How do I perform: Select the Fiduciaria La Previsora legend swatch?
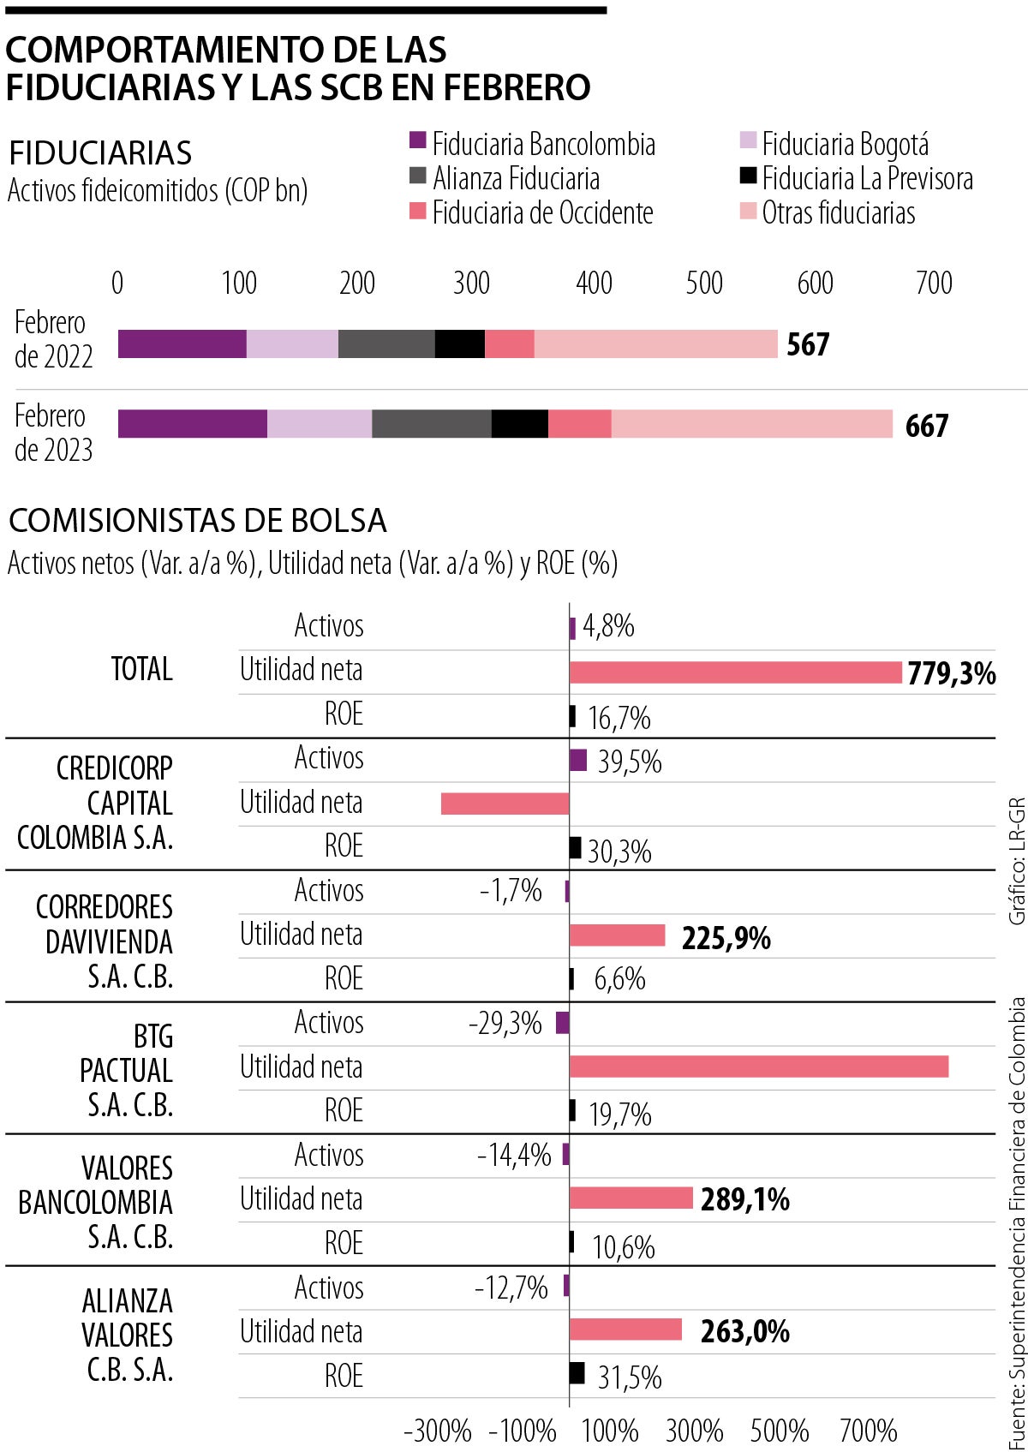[x=748, y=177]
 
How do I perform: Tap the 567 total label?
[x=808, y=344]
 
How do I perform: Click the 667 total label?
[x=927, y=426]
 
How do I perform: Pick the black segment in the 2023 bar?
[x=519, y=424]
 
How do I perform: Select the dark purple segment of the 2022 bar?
[x=182, y=344]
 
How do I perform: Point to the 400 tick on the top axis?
[x=594, y=283]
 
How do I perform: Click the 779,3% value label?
[x=952, y=673]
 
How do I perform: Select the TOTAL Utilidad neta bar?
[x=735, y=672]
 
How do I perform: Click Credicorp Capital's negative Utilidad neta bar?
[x=505, y=804]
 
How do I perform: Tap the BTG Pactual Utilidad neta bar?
[x=758, y=1067]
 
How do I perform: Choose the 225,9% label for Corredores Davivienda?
[x=726, y=938]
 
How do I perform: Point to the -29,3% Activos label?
[x=505, y=1023]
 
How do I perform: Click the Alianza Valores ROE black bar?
[x=577, y=1373]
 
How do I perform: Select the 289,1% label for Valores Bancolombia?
[x=744, y=1199]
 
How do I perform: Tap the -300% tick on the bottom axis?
[x=437, y=1431]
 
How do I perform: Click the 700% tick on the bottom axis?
[x=868, y=1431]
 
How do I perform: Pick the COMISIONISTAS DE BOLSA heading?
[x=197, y=521]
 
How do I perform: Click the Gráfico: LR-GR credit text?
[x=1017, y=861]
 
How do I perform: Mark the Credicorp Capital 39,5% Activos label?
[x=630, y=762]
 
